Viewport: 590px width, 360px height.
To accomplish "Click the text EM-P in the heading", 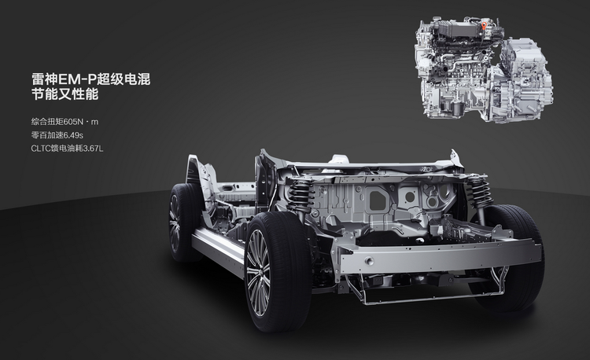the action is click(x=75, y=79).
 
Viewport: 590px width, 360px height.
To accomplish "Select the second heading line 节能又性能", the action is click(x=65, y=94).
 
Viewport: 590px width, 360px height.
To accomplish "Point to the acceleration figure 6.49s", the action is click(x=70, y=135).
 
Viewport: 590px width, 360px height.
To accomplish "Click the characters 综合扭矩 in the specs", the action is click(x=47, y=122).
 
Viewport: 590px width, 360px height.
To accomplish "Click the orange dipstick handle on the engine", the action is click(x=484, y=26).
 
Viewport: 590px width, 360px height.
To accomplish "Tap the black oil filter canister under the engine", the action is click(x=456, y=108).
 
